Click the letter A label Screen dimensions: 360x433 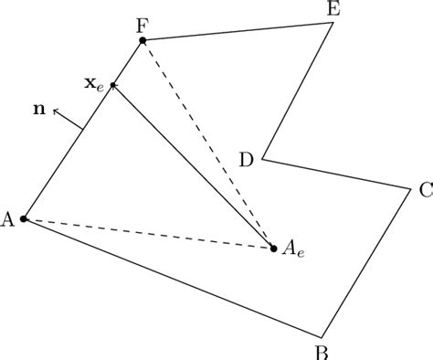8,218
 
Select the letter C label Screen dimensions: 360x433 425,192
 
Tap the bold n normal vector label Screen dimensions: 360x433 37,110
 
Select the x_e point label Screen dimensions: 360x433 94,83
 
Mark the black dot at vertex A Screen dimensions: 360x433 24,219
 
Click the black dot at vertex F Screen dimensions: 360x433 143,41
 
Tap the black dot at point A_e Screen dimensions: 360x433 273,248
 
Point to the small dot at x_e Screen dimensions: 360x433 113,86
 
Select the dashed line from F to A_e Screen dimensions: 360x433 208,144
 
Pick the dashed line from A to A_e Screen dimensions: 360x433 146,233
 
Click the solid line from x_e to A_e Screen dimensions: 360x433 192,165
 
